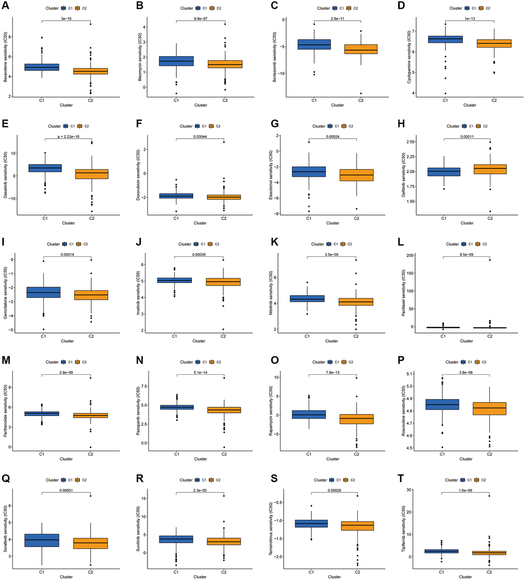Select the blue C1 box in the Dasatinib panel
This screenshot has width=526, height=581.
pyautogui.click(x=44, y=168)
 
